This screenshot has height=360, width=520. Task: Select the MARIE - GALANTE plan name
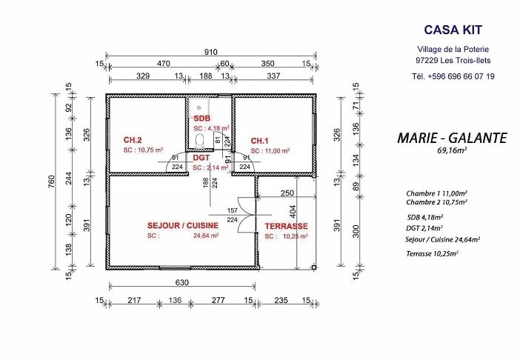(x=452, y=138)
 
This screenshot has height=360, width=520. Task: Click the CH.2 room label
(x=133, y=140)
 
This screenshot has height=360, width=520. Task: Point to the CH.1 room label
(x=259, y=141)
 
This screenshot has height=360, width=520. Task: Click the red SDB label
(x=201, y=119)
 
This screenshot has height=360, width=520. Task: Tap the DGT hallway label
(x=201, y=158)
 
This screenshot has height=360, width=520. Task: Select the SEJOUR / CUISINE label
(x=183, y=226)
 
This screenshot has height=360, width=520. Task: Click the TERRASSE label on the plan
(x=287, y=226)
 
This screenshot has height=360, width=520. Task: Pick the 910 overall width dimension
(x=210, y=52)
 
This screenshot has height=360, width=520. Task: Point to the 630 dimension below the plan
(x=181, y=282)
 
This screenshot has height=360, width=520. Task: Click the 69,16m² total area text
(x=452, y=151)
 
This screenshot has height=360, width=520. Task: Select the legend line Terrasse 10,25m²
(x=432, y=253)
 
